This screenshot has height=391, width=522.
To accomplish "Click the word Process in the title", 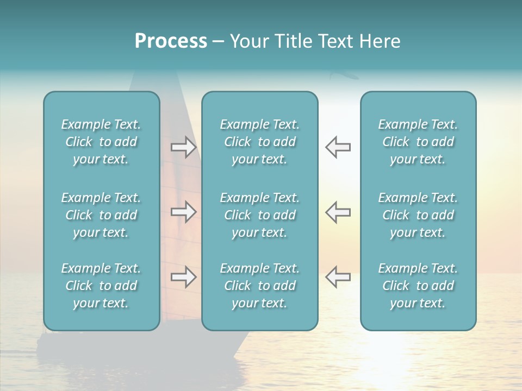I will (x=171, y=41).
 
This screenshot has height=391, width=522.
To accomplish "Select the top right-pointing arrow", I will (x=183, y=147).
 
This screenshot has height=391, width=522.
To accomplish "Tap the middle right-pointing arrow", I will (x=183, y=212).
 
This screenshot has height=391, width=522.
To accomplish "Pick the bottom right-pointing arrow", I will (x=183, y=277).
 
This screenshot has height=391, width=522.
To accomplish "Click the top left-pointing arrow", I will (x=338, y=147).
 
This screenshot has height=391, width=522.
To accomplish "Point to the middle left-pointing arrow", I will (x=338, y=212).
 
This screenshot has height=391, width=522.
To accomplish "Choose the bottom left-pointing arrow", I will (x=338, y=277).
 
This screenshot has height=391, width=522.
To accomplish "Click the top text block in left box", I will (x=101, y=142).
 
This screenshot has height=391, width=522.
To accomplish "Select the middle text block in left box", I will (x=101, y=215).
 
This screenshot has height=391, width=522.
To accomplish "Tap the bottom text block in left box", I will (x=101, y=286).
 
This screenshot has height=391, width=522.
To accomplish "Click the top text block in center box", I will (x=259, y=142).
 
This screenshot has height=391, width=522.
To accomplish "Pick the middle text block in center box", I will (x=259, y=215).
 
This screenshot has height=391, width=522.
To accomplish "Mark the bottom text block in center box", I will (x=259, y=286).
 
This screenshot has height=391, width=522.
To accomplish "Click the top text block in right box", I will (x=418, y=142).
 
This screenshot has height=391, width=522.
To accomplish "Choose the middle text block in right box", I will (x=418, y=215).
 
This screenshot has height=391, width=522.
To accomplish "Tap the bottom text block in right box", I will (x=418, y=286).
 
